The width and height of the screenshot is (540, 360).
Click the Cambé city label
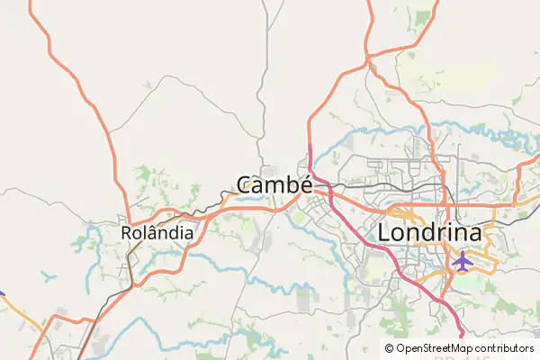(x=274, y=184)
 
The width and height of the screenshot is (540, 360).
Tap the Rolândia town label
(x=157, y=232)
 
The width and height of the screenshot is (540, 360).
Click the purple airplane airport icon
(x=463, y=261)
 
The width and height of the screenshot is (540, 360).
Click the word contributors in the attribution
(x=505, y=348)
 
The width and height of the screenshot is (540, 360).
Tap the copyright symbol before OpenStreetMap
(x=390, y=348)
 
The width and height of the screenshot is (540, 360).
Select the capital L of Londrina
(x=385, y=232)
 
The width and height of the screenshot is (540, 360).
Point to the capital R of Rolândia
(x=126, y=232)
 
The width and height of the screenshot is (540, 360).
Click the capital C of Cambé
(x=245, y=184)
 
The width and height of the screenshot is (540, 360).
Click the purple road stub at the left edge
(x=2, y=292)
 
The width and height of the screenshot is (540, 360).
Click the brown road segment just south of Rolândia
(x=130, y=265)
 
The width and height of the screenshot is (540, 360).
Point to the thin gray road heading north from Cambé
(x=260, y=108)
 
